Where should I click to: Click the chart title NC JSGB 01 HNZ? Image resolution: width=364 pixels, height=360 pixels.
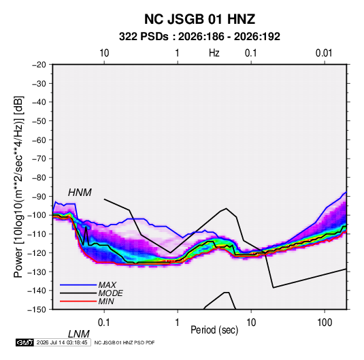(x=199, y=19)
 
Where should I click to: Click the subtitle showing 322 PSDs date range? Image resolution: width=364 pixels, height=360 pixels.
(x=199, y=37)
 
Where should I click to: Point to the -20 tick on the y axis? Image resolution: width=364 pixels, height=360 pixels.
(x=39, y=65)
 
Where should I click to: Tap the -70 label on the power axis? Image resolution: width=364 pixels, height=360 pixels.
(x=39, y=159)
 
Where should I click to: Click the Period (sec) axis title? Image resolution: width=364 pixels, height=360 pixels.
(x=214, y=330)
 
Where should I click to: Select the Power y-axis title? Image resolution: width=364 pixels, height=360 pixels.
(x=18, y=187)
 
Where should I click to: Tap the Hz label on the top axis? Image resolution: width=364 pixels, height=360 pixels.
(x=214, y=53)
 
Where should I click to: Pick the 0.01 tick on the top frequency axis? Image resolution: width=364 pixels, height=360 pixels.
(x=324, y=53)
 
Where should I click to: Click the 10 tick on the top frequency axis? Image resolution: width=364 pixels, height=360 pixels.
(x=104, y=53)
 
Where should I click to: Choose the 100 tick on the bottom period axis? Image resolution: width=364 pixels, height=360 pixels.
(x=325, y=323)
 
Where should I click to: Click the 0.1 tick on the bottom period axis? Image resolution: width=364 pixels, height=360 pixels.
(x=104, y=323)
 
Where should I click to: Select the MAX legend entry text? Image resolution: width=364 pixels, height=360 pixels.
(x=107, y=285)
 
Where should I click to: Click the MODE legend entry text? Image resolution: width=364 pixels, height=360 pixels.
(x=110, y=293)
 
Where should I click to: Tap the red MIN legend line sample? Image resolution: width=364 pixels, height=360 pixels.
(x=78, y=301)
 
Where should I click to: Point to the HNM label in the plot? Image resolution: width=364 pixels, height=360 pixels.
(x=80, y=193)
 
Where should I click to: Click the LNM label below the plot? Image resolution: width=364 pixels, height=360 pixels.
(x=79, y=334)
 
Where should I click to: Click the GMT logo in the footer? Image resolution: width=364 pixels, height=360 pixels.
(x=25, y=342)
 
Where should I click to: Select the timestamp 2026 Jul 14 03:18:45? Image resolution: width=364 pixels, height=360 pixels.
(x=62, y=342)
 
